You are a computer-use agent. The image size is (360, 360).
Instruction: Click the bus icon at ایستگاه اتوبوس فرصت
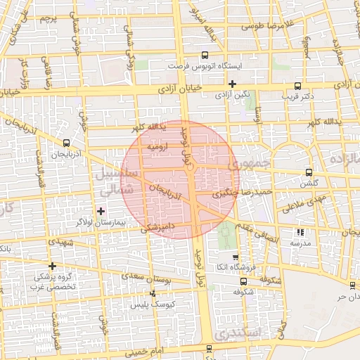[x=205, y=55]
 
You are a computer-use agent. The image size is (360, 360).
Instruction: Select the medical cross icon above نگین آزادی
[x=232, y=84]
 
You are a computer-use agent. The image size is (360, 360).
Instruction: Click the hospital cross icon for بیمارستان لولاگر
[x=101, y=211]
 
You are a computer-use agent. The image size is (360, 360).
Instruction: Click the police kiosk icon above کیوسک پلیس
[x=152, y=294]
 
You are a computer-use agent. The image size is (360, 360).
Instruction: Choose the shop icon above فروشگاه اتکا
[x=236, y=257]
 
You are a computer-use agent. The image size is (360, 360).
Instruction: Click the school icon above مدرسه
[x=302, y=231]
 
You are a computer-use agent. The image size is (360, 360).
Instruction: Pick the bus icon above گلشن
[x=309, y=172]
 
